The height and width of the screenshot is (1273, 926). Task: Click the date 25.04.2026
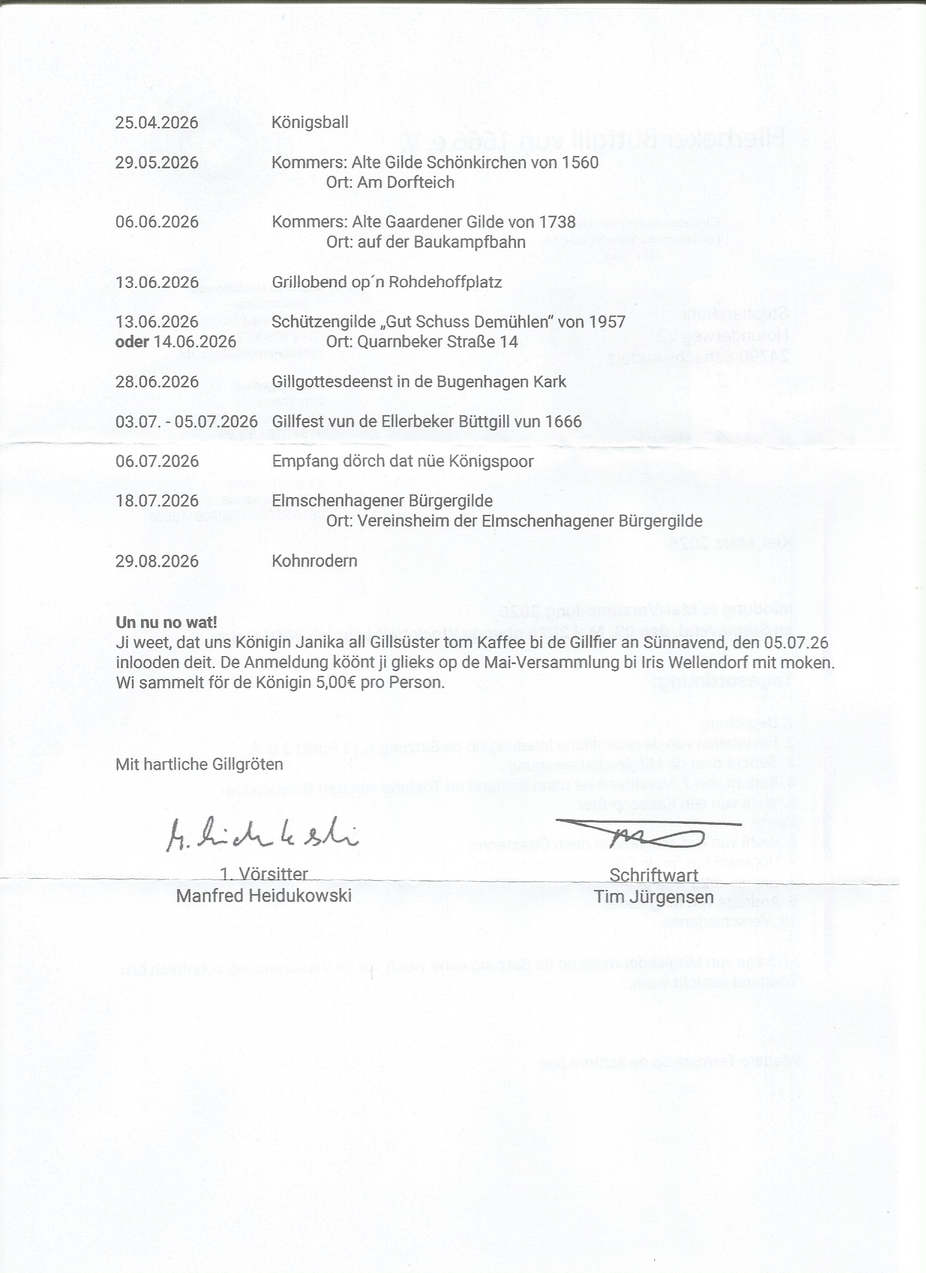tap(157, 123)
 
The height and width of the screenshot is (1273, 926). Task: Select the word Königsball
tap(310, 123)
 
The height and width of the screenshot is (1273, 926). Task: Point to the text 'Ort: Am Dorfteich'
tap(390, 182)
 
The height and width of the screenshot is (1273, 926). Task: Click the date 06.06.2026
tap(157, 222)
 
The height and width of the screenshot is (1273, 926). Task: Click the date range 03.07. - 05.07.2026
tap(186, 421)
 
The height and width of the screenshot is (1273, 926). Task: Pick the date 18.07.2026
tap(157, 501)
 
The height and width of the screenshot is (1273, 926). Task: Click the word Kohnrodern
tap(314, 561)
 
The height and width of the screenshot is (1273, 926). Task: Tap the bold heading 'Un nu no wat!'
tap(166, 622)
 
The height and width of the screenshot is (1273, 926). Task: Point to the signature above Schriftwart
tap(651, 834)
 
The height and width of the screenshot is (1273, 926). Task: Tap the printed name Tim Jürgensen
tap(654, 897)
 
